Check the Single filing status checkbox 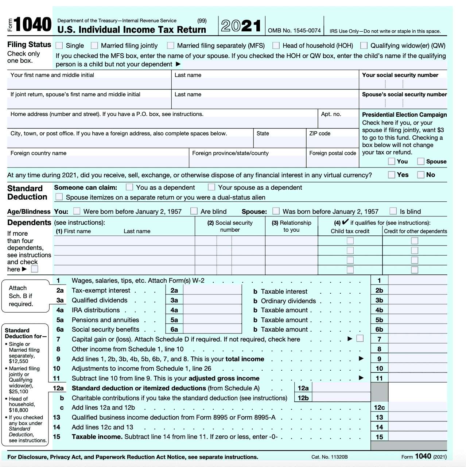[x=59, y=46]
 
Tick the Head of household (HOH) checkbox [x=276, y=46]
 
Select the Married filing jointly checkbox [x=94, y=46]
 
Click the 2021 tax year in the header [x=241, y=26]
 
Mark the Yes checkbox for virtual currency [x=392, y=175]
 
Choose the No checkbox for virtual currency [x=421, y=175]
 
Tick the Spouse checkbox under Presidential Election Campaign [x=421, y=161]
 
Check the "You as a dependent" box [x=129, y=187]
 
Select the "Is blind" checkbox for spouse [x=393, y=211]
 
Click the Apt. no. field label [x=331, y=114]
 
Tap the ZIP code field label [x=319, y=134]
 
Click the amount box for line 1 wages [x=418, y=280]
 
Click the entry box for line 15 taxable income [x=418, y=437]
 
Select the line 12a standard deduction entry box [x=341, y=388]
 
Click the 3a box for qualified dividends [x=212, y=300]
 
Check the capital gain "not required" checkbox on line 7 [x=360, y=339]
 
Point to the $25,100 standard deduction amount [x=18, y=391]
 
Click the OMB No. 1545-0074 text [x=294, y=31]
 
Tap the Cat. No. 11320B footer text [x=329, y=457]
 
